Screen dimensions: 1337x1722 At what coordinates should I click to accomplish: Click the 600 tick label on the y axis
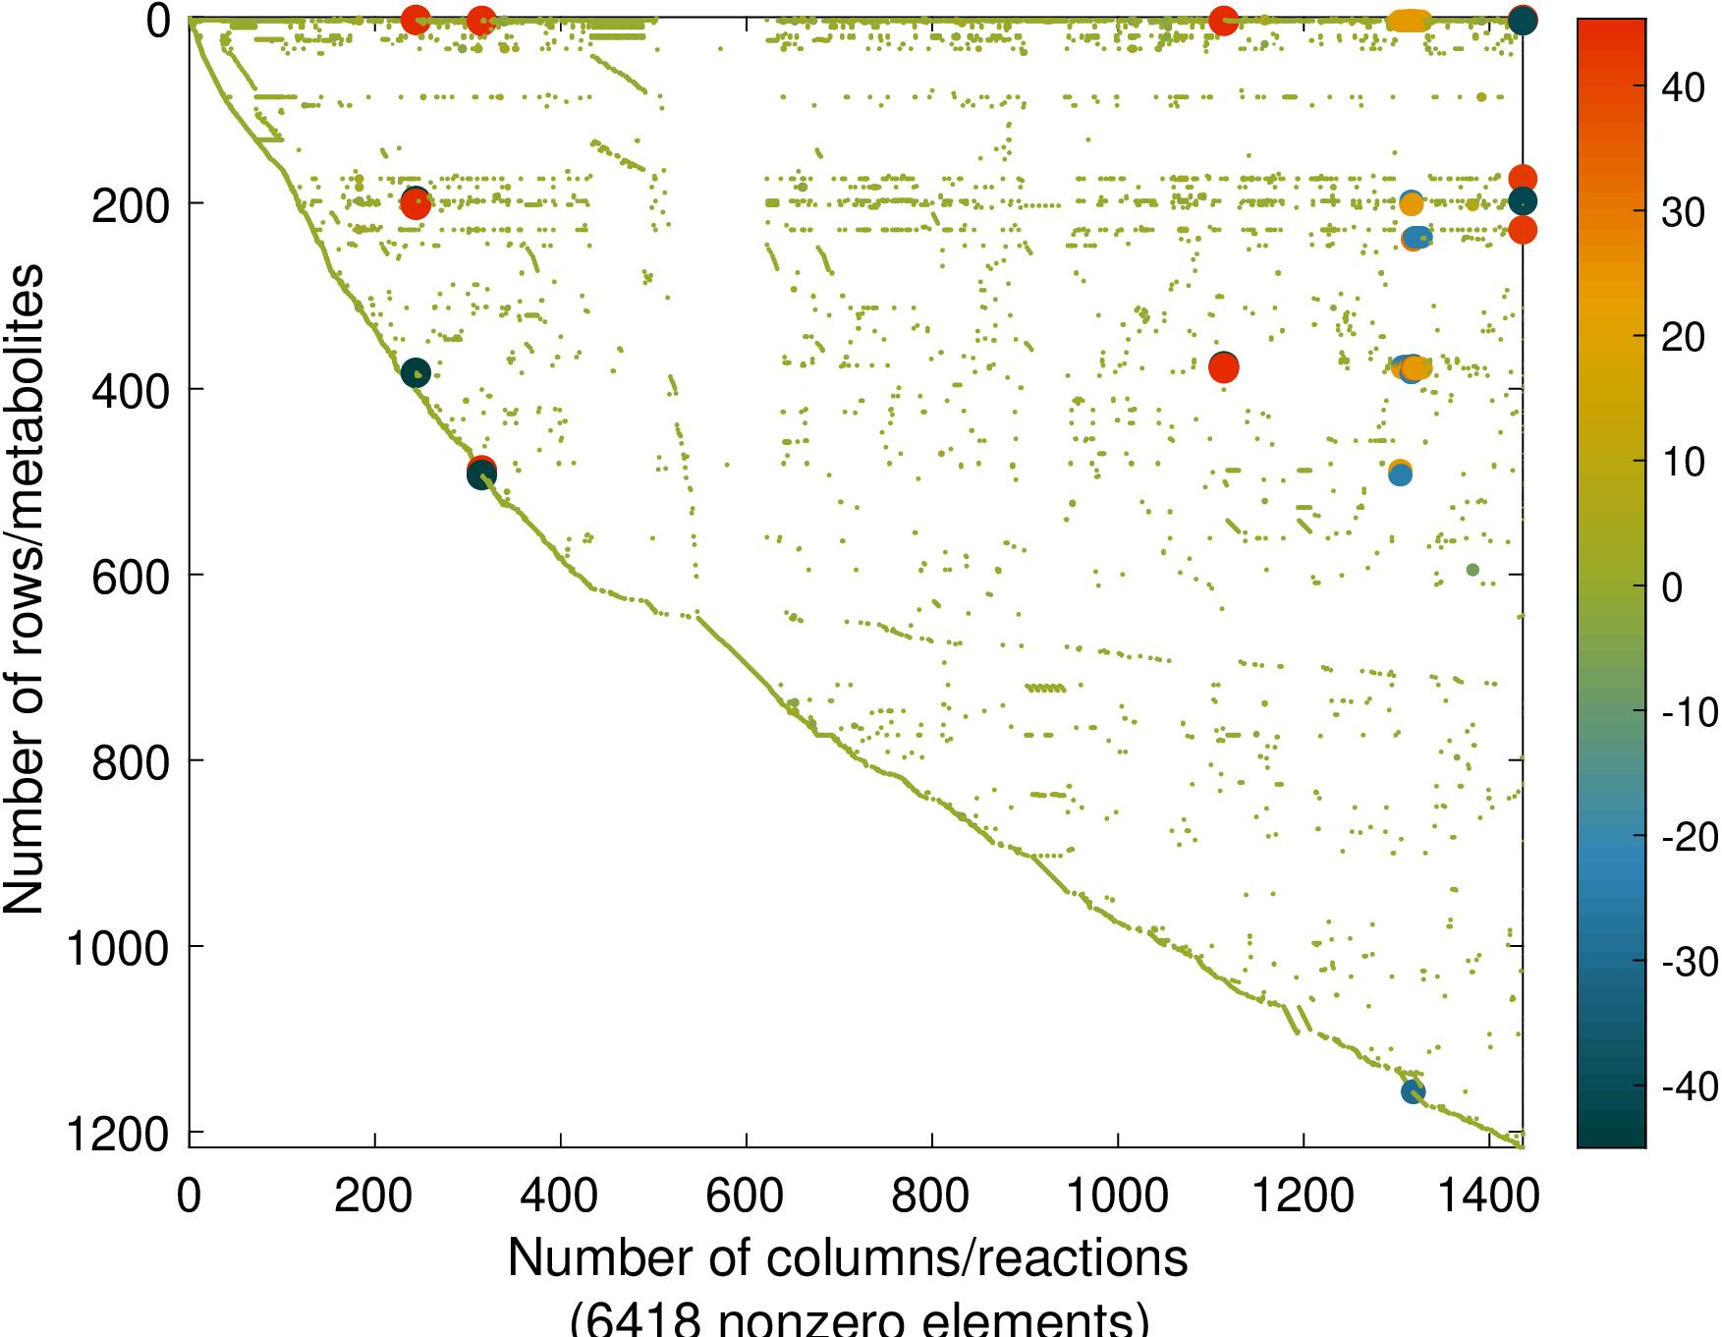coord(130,577)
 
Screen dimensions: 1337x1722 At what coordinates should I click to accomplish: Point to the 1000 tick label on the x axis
coord(1117,1197)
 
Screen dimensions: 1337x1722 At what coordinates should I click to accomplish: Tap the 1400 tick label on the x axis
coord(1489,1197)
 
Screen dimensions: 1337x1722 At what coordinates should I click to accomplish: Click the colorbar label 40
coord(1683,87)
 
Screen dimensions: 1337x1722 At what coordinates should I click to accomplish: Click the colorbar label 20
coord(1683,337)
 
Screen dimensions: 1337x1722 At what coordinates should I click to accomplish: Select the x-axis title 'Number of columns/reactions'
coord(848,1258)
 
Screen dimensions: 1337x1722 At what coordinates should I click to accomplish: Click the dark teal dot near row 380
coord(416,372)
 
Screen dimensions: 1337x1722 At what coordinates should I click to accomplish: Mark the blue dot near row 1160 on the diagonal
coord(1413,1091)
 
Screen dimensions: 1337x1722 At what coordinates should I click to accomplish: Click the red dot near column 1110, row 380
coord(1223,368)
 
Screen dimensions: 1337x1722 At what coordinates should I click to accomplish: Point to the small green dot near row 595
coord(1472,570)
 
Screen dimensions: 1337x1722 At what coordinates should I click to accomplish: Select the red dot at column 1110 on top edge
coord(1223,21)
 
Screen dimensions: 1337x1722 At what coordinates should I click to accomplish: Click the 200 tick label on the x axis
coord(373,1197)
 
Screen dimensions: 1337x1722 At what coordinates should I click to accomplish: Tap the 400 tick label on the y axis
coord(130,391)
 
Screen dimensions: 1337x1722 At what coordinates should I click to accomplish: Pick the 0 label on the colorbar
coord(1672,587)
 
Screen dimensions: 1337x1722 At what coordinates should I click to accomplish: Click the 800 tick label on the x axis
coord(930,1197)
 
